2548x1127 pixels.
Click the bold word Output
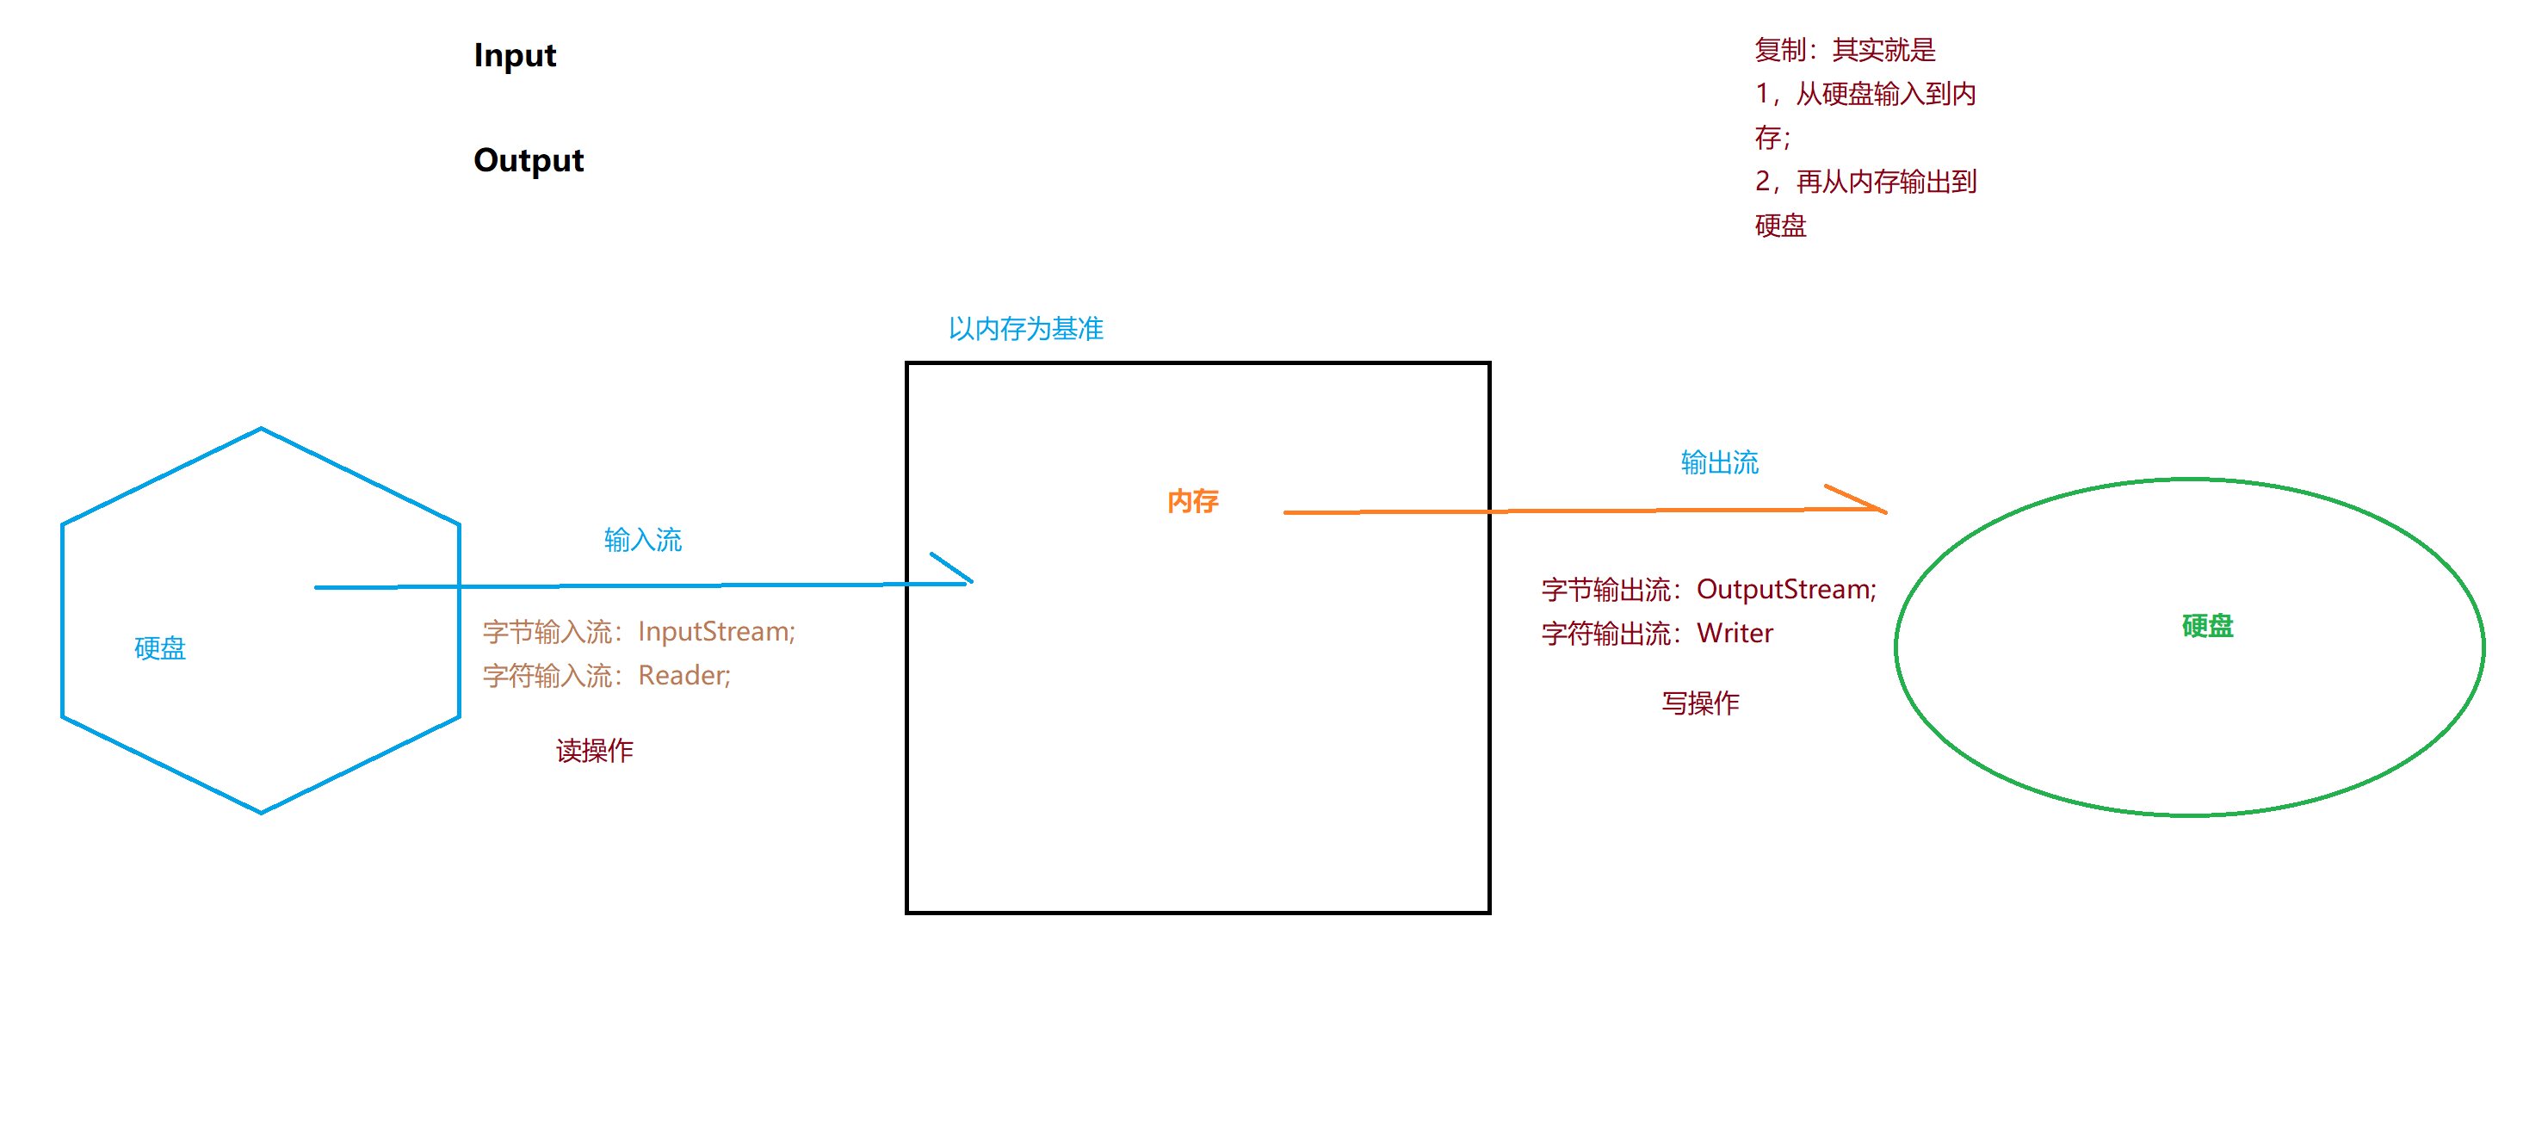coord(529,160)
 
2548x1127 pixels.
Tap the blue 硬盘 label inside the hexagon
coord(159,648)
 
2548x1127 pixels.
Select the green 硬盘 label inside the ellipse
coord(2207,626)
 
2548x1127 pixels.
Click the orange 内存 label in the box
coord(1192,502)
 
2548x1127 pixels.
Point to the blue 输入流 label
coord(643,539)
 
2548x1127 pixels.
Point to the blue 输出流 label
coord(1719,462)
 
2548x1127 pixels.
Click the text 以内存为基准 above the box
coord(1026,329)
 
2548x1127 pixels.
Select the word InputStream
coord(716,631)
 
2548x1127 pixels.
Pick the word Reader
coord(683,675)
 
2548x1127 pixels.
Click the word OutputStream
coord(1786,590)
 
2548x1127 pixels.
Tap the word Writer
coord(1735,634)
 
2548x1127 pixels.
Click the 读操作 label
coord(595,750)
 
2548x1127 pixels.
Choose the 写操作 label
coord(1700,703)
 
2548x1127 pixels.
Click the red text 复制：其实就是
coord(1845,49)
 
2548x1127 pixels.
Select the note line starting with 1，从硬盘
coord(1865,94)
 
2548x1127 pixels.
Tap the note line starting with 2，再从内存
coord(1865,182)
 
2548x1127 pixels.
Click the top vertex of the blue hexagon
coord(261,429)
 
